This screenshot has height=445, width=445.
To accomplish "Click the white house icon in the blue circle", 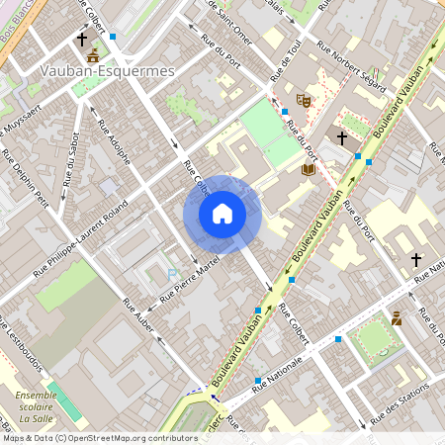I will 222,214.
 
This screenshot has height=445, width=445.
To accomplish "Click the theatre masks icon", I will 304,100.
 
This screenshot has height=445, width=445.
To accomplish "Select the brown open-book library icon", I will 309,169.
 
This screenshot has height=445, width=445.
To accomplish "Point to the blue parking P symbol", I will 172,274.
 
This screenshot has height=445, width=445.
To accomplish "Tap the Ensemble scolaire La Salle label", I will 37,406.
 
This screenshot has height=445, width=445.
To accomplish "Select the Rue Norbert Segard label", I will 350,65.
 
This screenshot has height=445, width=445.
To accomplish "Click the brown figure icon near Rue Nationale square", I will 396,318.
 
